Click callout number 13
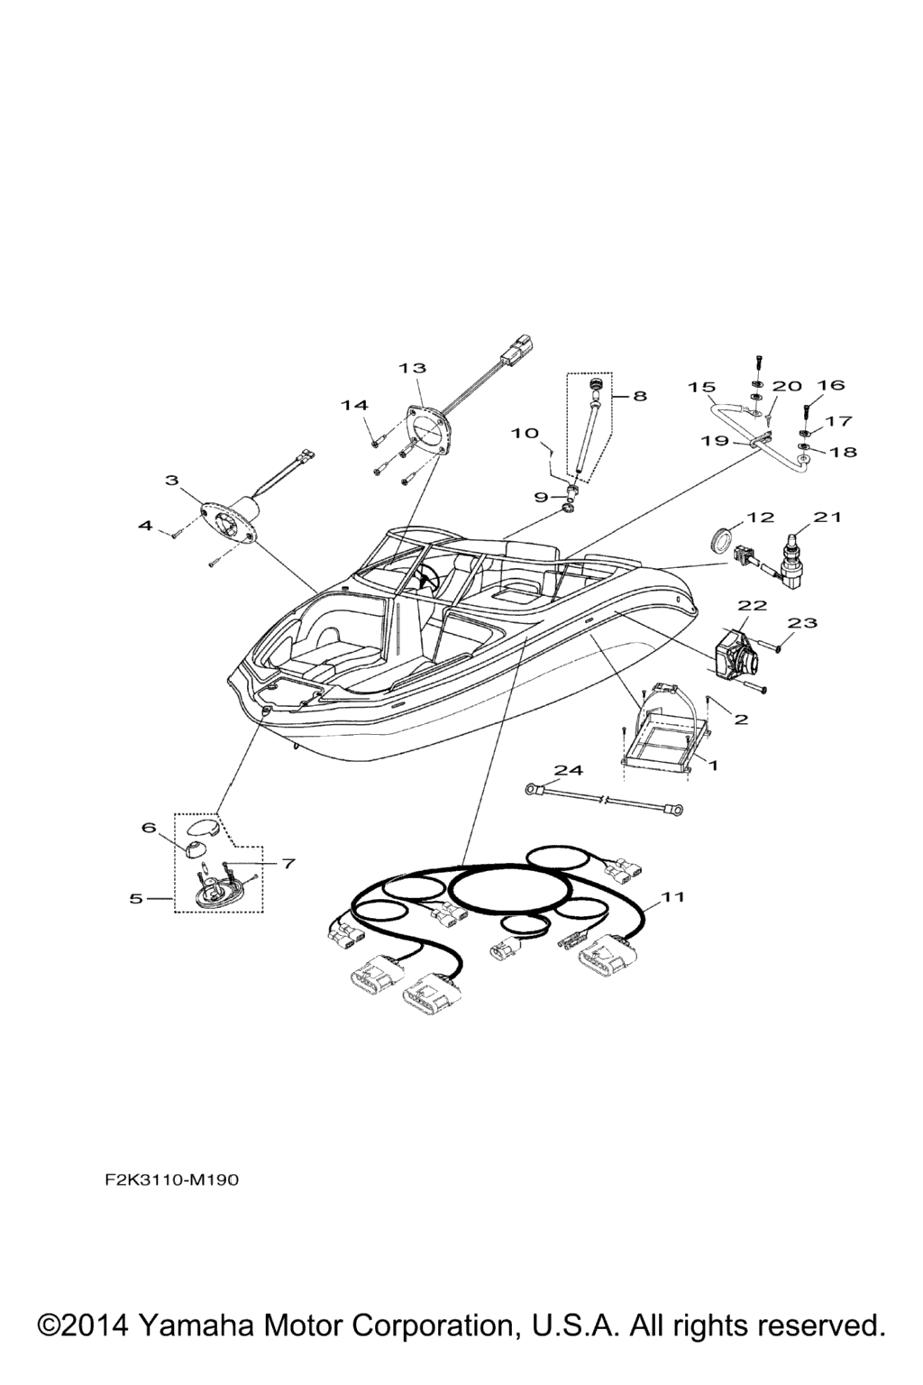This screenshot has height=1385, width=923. coord(412,368)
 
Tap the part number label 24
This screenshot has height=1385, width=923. coord(568,770)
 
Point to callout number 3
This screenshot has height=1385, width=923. coord(172,479)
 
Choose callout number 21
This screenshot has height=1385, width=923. coord(827,517)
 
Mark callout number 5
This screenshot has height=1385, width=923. coord(136,898)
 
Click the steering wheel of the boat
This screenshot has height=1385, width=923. coord(425,577)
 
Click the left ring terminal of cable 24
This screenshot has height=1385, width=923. coord(533,788)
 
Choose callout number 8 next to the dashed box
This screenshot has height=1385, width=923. coord(639,395)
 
